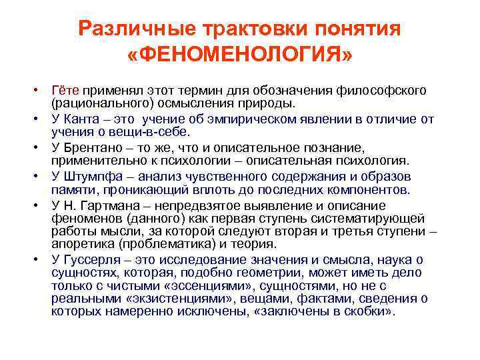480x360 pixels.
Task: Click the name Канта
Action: (x=80, y=119)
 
